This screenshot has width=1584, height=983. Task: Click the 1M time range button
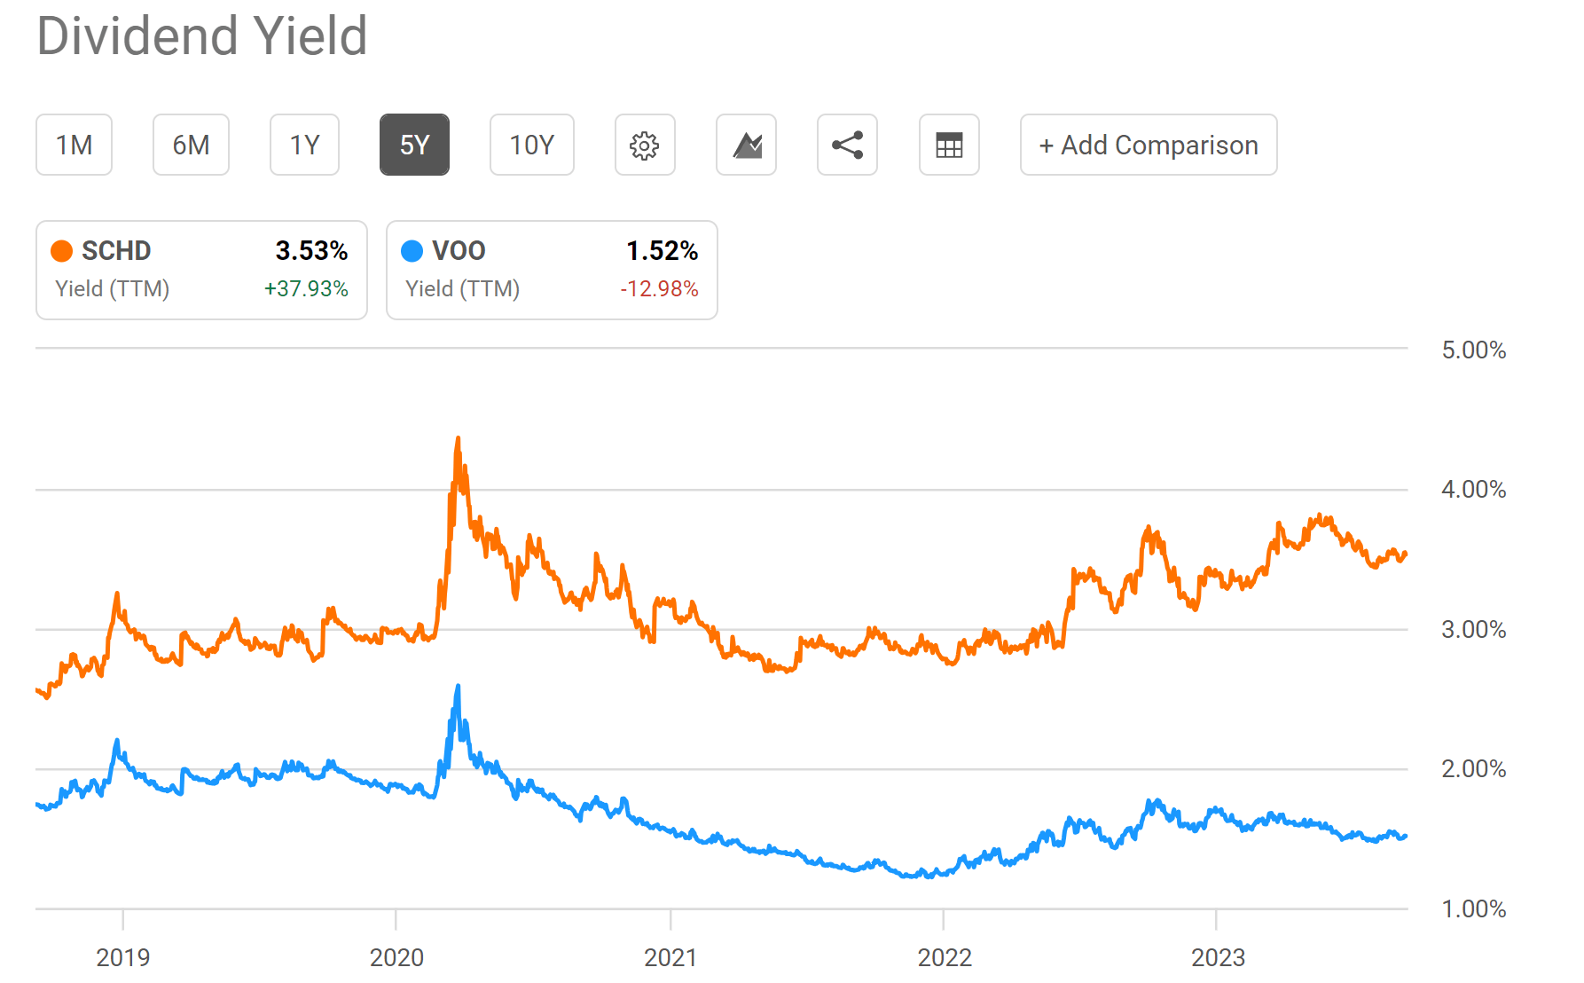pos(74,145)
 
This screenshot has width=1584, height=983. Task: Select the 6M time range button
pos(191,145)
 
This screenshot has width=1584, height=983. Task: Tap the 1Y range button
pos(304,145)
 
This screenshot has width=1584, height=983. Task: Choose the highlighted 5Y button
pos(414,145)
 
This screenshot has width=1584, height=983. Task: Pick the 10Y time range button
pos(531,145)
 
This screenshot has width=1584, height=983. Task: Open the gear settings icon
pos(645,145)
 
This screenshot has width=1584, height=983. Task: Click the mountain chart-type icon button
pos(746,145)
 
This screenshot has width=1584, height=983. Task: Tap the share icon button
pos(847,145)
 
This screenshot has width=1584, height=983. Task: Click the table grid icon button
pos(949,145)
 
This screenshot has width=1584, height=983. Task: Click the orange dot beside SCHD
pos(61,251)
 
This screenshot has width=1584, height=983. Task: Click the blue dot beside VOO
pos(412,251)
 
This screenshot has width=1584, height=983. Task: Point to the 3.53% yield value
pos(311,251)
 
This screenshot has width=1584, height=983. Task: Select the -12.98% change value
pos(659,289)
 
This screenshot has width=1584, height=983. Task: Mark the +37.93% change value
pos(306,289)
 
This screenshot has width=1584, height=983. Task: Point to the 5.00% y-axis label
pos(1473,350)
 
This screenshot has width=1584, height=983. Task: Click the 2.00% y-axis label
pos(1473,768)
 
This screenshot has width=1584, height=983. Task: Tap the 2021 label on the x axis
pos(670,957)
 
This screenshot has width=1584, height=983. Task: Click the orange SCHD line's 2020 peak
pos(458,438)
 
